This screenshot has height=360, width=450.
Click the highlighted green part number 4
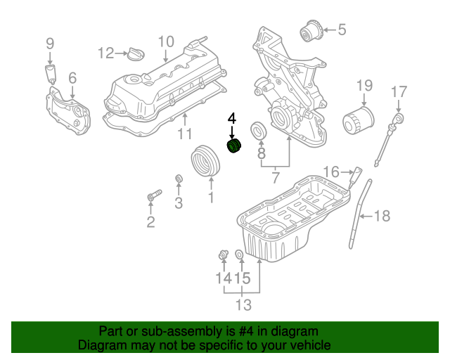point(233,147)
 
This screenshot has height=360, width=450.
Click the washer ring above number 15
point(239,254)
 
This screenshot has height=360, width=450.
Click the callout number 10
point(166,41)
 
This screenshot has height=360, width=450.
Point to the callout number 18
point(381,217)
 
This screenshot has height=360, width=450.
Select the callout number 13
point(243,305)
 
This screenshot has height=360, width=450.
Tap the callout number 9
point(50,43)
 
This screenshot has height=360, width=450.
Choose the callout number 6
point(72,79)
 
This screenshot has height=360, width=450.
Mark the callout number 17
point(399,91)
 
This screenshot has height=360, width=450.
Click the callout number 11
point(184,134)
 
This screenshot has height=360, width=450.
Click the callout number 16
point(331,171)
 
